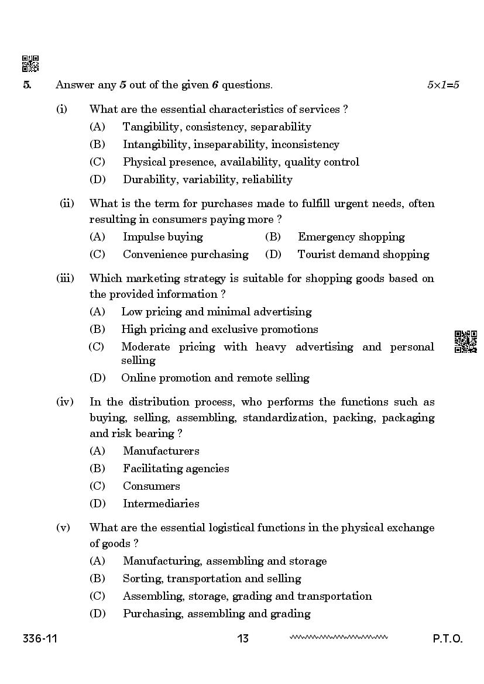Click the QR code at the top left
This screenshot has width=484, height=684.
point(30,64)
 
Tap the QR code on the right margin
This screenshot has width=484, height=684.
point(466,342)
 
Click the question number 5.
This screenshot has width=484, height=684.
point(27,85)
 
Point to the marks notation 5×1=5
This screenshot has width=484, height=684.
point(443,85)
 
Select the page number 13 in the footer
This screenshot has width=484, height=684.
point(243,638)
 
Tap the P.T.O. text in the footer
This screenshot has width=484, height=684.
point(448,638)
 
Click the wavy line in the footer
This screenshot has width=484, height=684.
point(338,637)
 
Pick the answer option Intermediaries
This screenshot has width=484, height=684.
point(161,504)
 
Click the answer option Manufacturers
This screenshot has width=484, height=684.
point(161,451)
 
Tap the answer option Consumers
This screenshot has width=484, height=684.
point(152,486)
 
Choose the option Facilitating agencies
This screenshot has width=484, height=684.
point(176,469)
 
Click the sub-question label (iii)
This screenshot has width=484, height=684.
point(65,279)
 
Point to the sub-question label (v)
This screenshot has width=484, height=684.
point(63,528)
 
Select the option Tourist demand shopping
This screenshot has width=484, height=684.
point(363,255)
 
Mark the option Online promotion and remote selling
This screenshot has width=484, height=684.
point(215,378)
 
